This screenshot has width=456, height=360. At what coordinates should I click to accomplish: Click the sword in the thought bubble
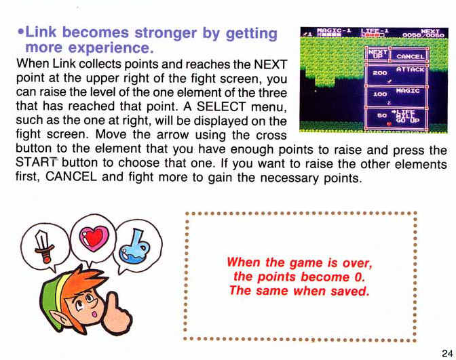[43, 246]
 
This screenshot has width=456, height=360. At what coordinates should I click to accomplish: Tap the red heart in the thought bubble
[94, 238]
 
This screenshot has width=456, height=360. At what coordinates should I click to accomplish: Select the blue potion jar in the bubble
[135, 248]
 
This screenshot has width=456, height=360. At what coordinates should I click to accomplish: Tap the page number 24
[447, 353]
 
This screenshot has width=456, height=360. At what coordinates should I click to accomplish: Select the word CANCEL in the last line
[71, 176]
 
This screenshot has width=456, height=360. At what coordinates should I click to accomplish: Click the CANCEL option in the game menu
[410, 56]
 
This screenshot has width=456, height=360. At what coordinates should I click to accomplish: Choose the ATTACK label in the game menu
[410, 69]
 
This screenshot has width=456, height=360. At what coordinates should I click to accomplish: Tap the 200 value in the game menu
[380, 73]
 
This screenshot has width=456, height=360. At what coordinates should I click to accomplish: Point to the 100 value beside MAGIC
[380, 94]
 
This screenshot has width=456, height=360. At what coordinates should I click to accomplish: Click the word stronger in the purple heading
[166, 33]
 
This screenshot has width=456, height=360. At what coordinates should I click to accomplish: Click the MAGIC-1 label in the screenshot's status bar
[334, 31]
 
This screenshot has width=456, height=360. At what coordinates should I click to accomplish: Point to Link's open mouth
[94, 315]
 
